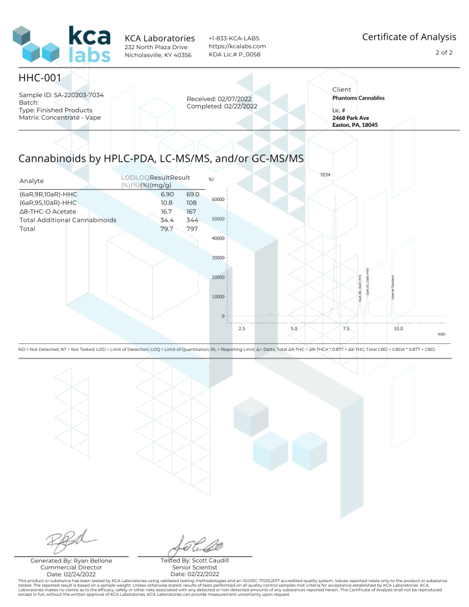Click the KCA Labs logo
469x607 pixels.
pos(62,43)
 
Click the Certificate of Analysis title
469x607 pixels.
pos(409,37)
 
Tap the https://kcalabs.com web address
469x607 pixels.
pos(237,46)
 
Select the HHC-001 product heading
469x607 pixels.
pos(40,78)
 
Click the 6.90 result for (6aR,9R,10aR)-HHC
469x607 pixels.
pos(167,194)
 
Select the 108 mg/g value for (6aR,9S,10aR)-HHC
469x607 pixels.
pos(192,202)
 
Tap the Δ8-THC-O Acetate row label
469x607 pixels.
pos(48,211)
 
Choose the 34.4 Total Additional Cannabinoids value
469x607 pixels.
pos(167,220)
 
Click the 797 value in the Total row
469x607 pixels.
pos(192,229)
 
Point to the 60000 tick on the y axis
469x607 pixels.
pos(218,200)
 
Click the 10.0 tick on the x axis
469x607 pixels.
pos(398,328)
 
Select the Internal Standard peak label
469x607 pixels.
pos(393,287)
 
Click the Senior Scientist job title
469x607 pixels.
pos(194,567)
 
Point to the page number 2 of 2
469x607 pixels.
pos(444,53)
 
